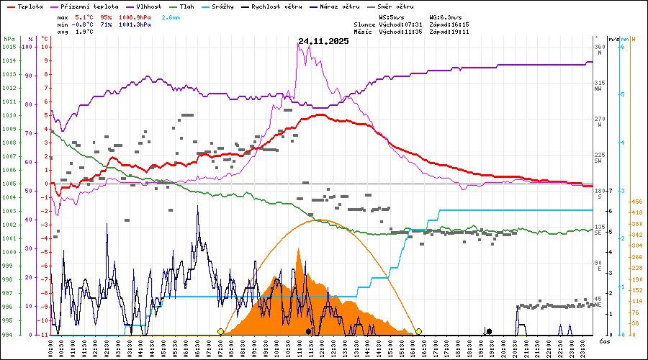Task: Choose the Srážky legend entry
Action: click(228, 6)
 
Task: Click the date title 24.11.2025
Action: click(323, 42)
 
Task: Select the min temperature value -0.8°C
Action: click(84, 24)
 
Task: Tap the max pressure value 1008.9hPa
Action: click(135, 17)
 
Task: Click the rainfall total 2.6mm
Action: click(171, 17)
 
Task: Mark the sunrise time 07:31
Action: click(419, 24)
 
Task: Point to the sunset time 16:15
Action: click(459, 24)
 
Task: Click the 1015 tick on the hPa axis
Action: click(9, 47)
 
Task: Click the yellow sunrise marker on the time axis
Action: click(220, 331)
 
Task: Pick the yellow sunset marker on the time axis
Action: click(418, 331)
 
